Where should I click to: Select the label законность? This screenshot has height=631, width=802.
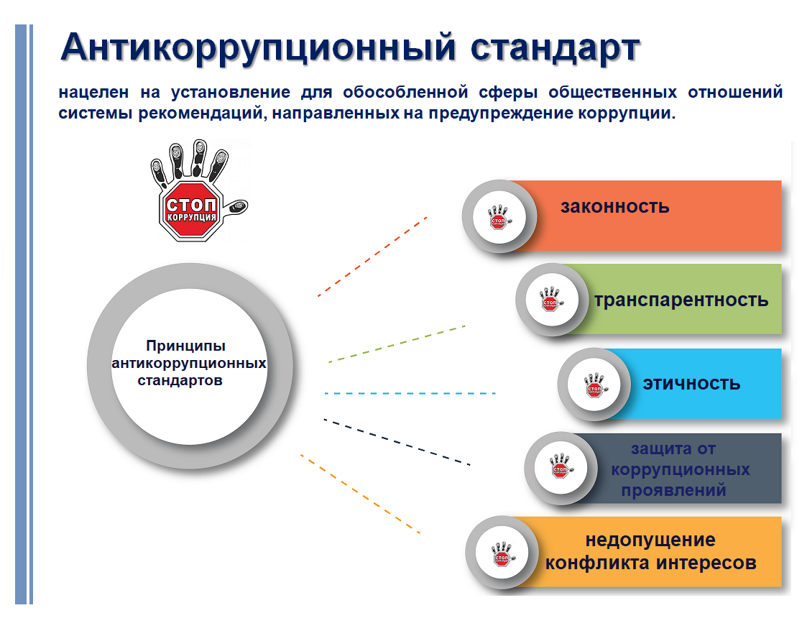(x=615, y=206)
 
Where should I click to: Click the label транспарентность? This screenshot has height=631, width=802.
(x=681, y=300)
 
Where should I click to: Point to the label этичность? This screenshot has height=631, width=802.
(x=691, y=384)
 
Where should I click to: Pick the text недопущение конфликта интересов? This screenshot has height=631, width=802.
(x=650, y=551)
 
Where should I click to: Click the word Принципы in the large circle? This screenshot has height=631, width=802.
(x=185, y=346)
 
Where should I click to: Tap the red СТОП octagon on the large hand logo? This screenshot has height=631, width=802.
(x=190, y=211)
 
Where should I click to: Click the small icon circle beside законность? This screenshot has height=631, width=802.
(x=499, y=217)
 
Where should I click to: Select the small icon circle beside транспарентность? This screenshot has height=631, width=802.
(x=551, y=300)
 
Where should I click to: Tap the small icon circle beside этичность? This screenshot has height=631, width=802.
(x=594, y=384)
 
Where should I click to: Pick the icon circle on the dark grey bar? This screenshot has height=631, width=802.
(x=561, y=469)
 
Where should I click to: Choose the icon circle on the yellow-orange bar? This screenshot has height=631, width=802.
(x=502, y=553)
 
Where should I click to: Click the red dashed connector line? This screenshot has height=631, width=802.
(x=372, y=257)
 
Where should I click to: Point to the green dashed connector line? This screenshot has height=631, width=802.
(x=397, y=344)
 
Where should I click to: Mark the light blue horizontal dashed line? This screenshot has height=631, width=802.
(x=410, y=393)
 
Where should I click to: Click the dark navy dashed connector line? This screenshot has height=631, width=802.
(x=397, y=442)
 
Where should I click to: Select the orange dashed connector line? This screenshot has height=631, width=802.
(x=360, y=494)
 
